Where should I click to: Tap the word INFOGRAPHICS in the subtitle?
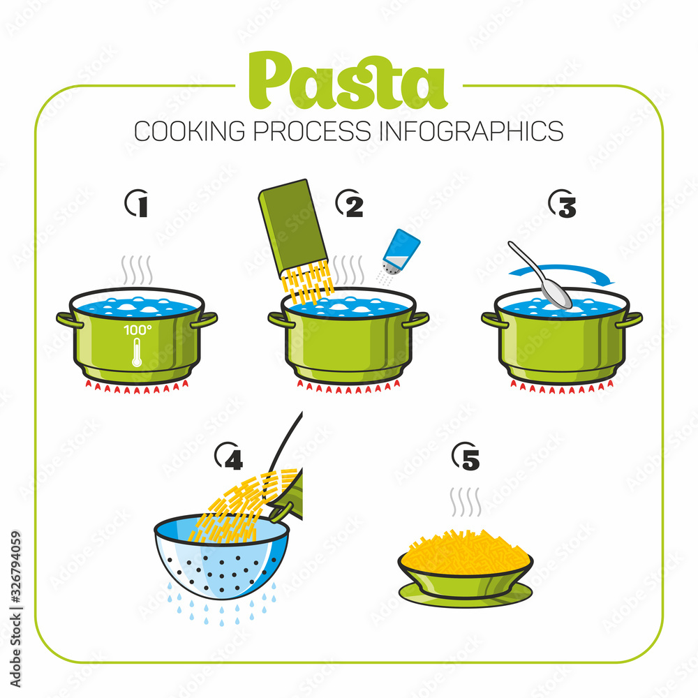point(471,131)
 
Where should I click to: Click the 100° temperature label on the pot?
point(137,328)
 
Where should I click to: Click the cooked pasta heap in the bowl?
point(466,551)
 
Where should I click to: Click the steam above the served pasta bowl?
point(466,501)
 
